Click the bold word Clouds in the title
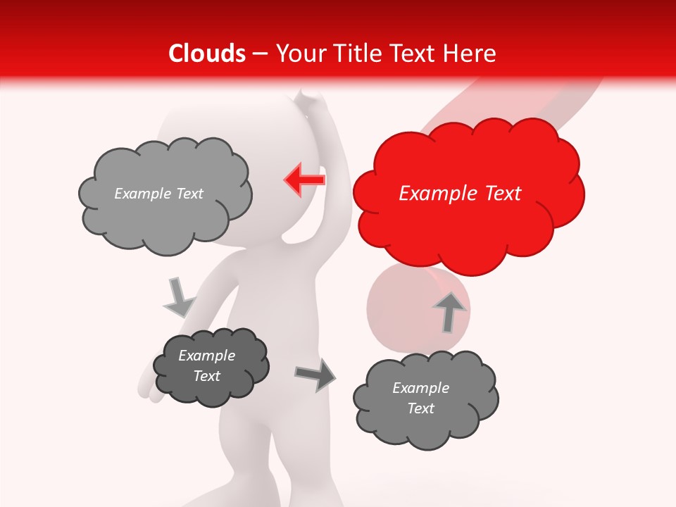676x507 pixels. pyautogui.click(x=206, y=54)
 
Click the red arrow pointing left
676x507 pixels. pyautogui.click(x=305, y=180)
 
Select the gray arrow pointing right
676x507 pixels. pyautogui.click(x=316, y=374)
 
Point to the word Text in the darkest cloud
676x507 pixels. pyautogui.click(x=206, y=376)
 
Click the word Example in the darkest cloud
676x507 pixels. pyautogui.click(x=206, y=356)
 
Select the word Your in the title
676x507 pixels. pyautogui.click(x=296, y=54)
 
